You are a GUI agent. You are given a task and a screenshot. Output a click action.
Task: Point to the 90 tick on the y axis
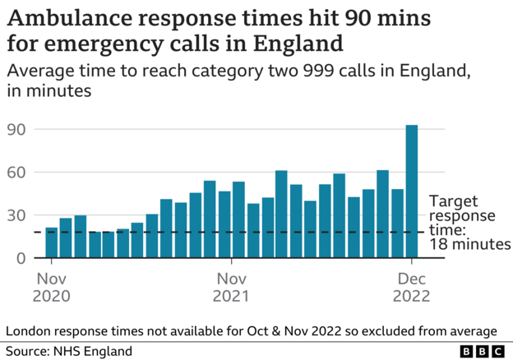[16, 129]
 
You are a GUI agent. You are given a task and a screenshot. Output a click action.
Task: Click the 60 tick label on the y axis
[16, 173]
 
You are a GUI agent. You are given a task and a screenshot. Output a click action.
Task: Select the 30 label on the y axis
[16, 215]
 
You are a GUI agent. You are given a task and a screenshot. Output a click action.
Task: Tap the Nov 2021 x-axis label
[231, 286]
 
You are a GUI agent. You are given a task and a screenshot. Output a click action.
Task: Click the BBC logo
[483, 351]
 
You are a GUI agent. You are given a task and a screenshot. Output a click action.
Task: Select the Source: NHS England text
[69, 351]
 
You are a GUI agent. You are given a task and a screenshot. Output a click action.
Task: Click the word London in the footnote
[31, 330]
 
